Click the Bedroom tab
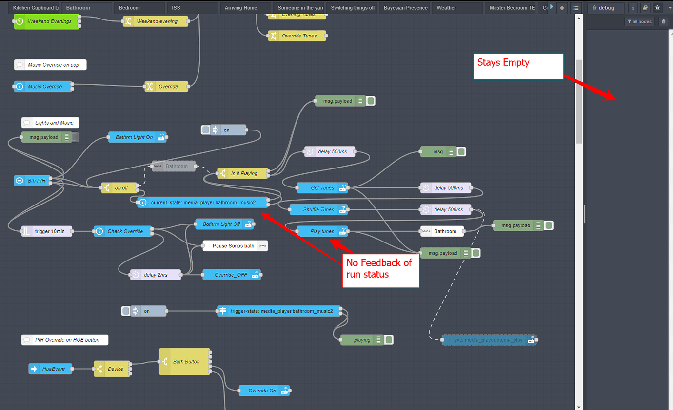[129, 8]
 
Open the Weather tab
[446, 8]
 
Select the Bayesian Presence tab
[405, 8]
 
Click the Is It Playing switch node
[243, 173]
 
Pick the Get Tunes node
[322, 188]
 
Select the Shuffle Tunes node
[318, 209]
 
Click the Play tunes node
[322, 231]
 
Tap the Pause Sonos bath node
[235, 246]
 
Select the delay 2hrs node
[155, 275]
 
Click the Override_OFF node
[231, 275]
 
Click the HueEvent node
[50, 369]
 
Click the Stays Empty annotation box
[517, 66]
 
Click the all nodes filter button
[639, 21]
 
